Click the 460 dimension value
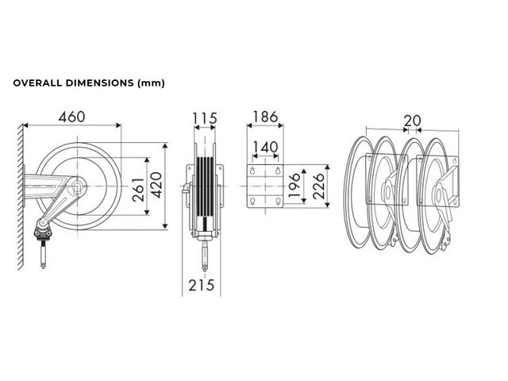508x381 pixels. point(72,117)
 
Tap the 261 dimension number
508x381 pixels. point(138,190)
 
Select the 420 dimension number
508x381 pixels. point(157,185)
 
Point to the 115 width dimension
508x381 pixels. point(205,118)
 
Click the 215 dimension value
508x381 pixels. point(201,286)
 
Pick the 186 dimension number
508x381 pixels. point(265,117)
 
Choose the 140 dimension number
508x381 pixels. point(265,148)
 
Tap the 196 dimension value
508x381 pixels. point(294,185)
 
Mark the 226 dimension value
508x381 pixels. point(318,186)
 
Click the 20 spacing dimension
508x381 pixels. point(412,121)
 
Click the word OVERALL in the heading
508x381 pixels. point(37,83)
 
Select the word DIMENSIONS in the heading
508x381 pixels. point(100,83)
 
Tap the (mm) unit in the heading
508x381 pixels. point(152,83)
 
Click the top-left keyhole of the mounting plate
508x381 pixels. point(252,171)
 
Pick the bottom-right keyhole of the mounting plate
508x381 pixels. point(278,202)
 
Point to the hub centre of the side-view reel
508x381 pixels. point(78,187)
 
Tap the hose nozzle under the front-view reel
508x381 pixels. point(205,256)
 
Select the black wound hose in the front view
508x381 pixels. point(205,187)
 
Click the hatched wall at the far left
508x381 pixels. point(21,196)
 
